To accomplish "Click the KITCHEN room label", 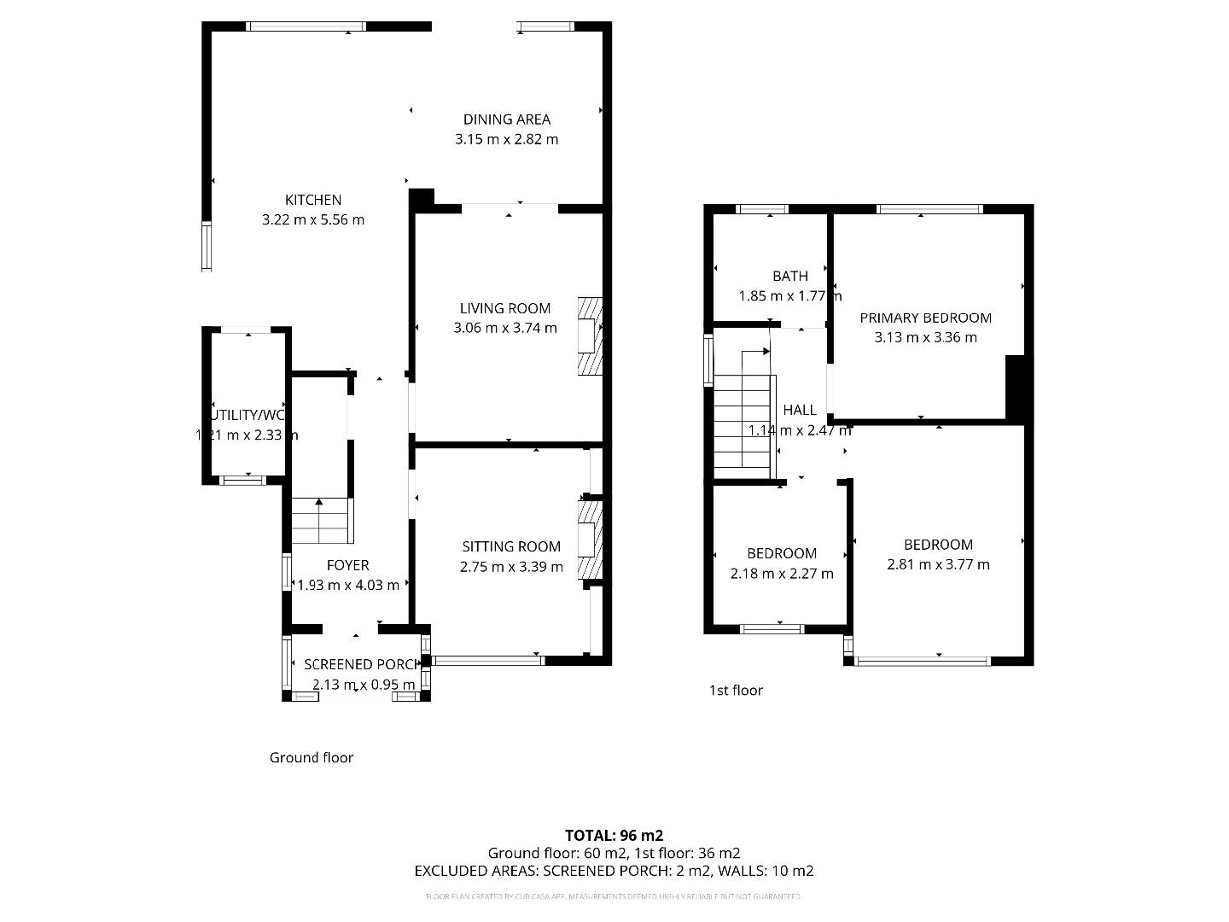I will (312, 200).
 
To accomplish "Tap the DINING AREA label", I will (506, 120).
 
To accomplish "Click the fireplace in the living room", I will (590, 336).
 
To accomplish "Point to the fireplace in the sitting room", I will (590, 540).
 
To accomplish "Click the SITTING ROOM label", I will (511, 546).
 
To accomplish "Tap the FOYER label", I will (347, 565).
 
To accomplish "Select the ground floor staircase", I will (321, 521).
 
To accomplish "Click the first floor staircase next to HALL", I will (743, 427).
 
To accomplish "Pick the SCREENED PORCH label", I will (362, 664).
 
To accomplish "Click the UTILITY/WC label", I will (248, 415).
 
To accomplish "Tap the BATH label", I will (789, 276).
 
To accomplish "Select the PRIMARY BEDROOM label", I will (925, 318).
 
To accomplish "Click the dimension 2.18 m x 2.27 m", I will (781, 574).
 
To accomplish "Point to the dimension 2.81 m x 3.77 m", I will (938, 564).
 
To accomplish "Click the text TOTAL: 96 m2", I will (614, 835).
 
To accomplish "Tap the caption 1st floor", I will (736, 690).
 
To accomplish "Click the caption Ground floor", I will (311, 757).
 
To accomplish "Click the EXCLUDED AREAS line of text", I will (614, 871).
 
